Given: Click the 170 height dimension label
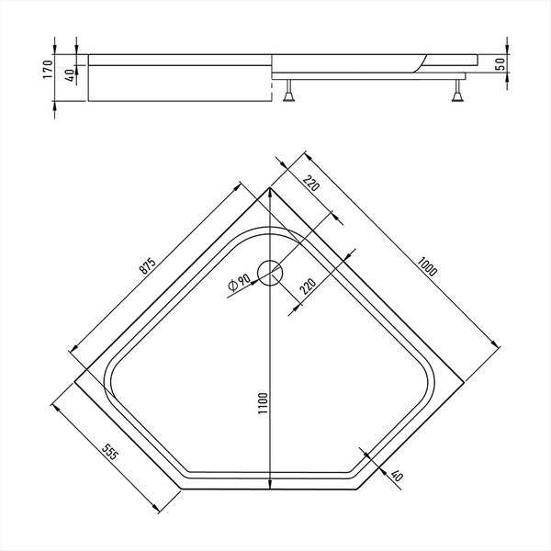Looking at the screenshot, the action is click(x=48, y=69).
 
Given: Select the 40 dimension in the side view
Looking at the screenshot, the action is click(x=71, y=75).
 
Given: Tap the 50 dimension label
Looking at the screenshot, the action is click(x=500, y=63).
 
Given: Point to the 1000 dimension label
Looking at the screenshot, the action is click(x=427, y=266).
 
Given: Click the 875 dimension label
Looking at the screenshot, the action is click(x=148, y=266).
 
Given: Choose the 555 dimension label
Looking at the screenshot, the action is click(x=110, y=452).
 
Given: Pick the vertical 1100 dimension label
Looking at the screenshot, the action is click(x=263, y=403).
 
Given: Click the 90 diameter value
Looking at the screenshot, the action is click(x=244, y=280).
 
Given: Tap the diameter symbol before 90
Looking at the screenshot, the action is click(x=232, y=286).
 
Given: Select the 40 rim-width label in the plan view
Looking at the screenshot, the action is click(x=397, y=476).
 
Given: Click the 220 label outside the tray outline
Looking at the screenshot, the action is click(x=311, y=183).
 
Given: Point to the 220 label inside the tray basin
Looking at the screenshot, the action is click(x=308, y=287).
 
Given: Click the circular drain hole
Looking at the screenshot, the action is click(x=269, y=273).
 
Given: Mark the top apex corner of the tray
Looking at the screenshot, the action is click(x=269, y=188).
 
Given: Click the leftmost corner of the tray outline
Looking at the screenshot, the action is click(x=74, y=382).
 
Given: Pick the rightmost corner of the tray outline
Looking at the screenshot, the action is click(x=464, y=382).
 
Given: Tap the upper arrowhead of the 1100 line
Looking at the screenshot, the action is click(x=269, y=192).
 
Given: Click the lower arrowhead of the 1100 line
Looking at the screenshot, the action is click(x=269, y=484).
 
